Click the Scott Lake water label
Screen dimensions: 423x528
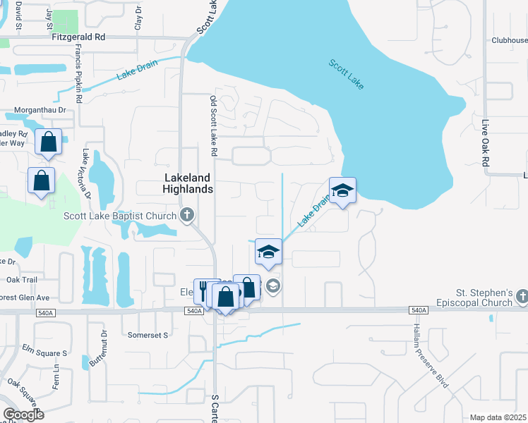(x=347, y=74)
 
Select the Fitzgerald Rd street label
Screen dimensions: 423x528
(x=78, y=36)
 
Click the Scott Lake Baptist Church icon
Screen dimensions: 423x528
(x=187, y=216)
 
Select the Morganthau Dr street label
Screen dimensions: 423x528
(x=42, y=111)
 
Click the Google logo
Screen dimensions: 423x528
(x=23, y=415)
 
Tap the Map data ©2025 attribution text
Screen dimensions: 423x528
(x=498, y=417)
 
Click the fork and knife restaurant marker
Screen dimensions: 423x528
(x=203, y=289)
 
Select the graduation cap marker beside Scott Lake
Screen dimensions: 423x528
(x=342, y=191)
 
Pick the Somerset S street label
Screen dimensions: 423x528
(x=148, y=335)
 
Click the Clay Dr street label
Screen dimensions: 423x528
(x=139, y=15)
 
